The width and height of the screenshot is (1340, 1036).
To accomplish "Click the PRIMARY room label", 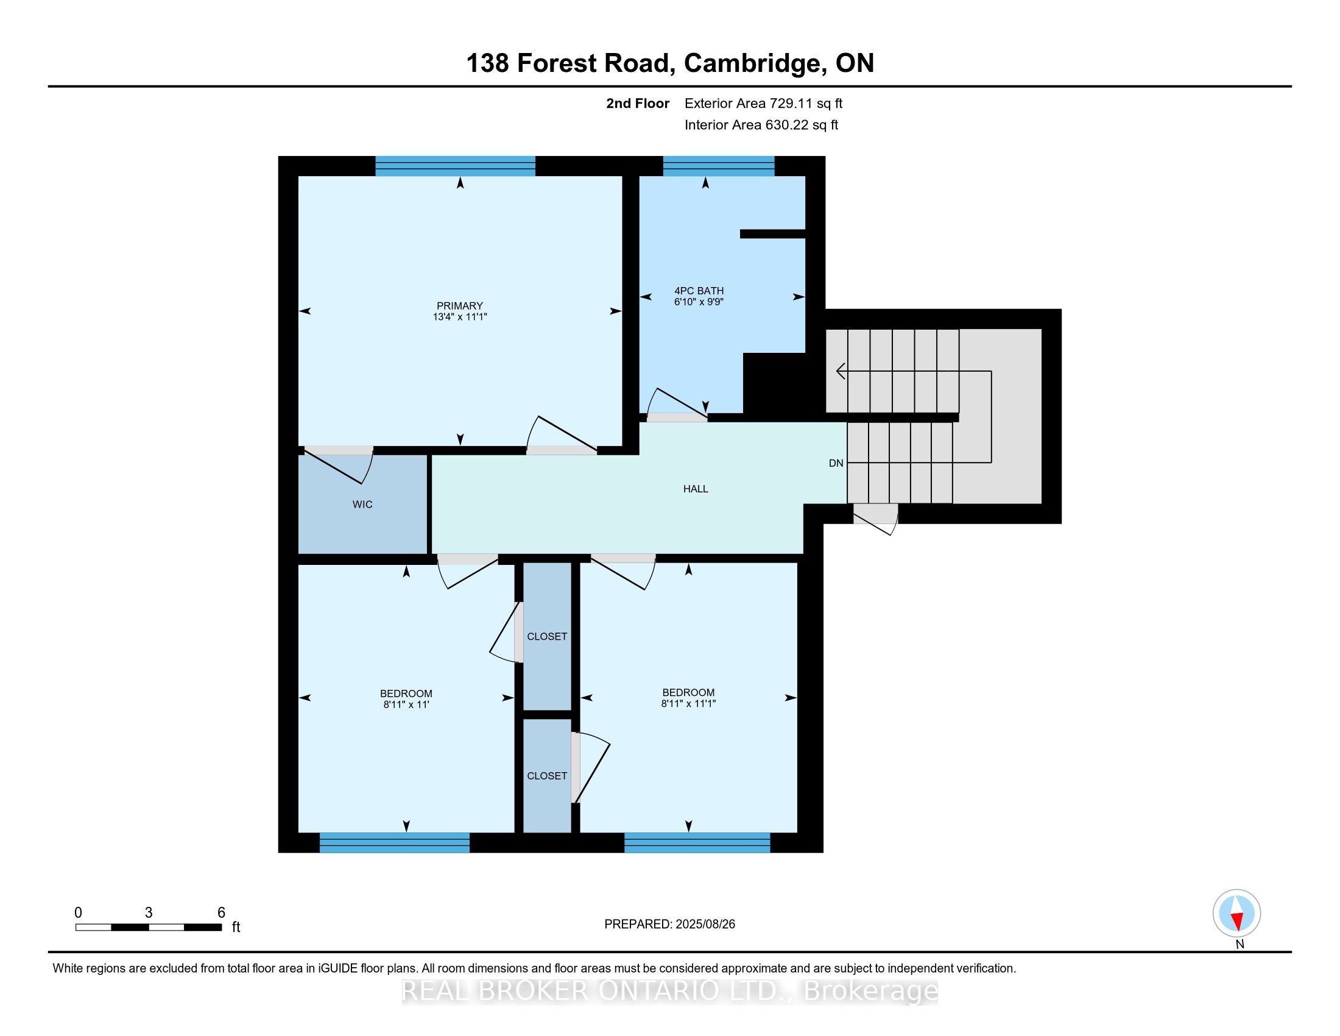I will click(459, 306).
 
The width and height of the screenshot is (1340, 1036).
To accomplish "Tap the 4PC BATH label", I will click(699, 291).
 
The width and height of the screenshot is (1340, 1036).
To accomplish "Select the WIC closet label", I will click(362, 505).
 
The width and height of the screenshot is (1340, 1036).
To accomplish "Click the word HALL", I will click(696, 489).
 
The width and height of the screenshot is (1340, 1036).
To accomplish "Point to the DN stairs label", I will click(836, 463).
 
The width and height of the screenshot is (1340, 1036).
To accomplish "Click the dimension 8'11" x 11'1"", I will click(688, 704).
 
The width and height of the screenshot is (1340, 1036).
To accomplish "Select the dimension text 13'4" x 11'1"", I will click(459, 318).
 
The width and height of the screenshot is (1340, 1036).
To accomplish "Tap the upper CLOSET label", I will click(547, 636).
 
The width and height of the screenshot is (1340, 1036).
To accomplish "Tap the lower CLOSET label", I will click(547, 776).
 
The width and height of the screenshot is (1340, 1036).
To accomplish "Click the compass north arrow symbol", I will click(1237, 914).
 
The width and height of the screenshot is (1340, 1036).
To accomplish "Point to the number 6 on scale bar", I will click(222, 913).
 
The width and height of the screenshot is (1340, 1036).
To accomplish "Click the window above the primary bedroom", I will click(455, 166).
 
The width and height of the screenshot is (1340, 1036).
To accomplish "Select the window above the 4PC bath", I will click(719, 166).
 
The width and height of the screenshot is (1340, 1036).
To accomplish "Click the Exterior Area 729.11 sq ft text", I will click(763, 104).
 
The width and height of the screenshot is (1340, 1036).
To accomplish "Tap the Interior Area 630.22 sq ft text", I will click(761, 125).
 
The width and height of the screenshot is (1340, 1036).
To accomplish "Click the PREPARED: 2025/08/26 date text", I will click(669, 924).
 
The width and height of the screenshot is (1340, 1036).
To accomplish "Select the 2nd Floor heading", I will click(638, 104).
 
